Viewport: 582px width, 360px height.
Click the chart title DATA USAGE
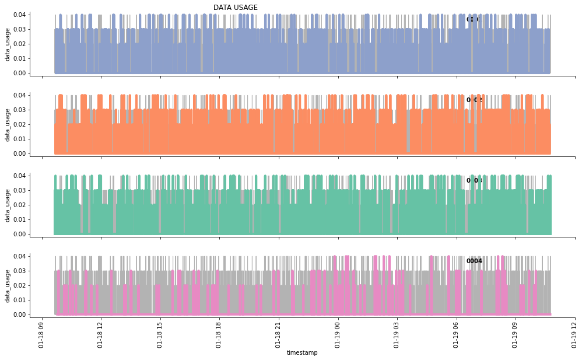pos(236,8)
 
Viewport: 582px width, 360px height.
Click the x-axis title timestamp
pos(302,353)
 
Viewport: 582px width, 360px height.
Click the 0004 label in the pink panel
pos(474,261)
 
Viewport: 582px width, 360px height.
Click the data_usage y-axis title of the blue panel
pos(8,44)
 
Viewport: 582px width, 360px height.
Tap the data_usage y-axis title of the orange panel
pos(8,124)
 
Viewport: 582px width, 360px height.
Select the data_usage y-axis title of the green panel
pos(8,205)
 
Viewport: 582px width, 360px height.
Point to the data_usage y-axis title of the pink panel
pos(8,285)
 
